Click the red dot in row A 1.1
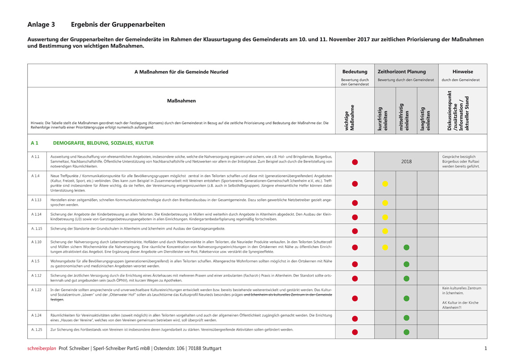(355, 162)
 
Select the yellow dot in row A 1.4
(385, 183)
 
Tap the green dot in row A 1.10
(406, 247)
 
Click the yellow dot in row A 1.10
(385, 247)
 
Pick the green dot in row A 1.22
(406, 298)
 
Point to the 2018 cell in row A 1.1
(406, 162)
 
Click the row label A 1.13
(37, 200)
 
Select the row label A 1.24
(37, 315)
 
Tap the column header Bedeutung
(355, 71)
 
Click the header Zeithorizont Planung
(402, 71)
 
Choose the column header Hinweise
(463, 71)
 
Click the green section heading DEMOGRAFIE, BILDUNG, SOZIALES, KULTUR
(103, 143)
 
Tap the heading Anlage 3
(41, 25)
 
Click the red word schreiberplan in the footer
(42, 348)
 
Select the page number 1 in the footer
(485, 348)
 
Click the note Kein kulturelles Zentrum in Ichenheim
(462, 291)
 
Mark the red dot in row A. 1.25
(355, 332)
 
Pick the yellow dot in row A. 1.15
(385, 231)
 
